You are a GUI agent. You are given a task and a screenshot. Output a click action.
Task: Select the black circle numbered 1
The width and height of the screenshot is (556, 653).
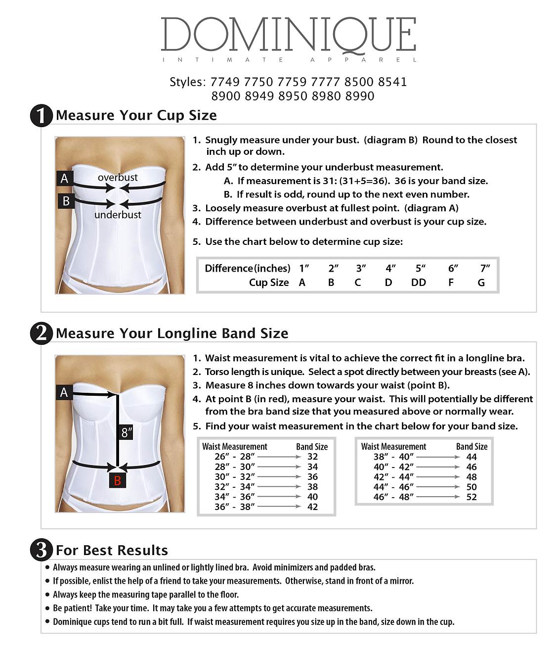click(x=42, y=115)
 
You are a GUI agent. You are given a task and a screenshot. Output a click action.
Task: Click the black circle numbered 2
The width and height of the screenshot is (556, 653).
click(x=42, y=333)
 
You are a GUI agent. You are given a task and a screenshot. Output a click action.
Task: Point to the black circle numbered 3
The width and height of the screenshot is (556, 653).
click(x=42, y=550)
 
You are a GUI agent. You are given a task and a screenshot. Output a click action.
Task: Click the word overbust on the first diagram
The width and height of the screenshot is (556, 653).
click(x=118, y=177)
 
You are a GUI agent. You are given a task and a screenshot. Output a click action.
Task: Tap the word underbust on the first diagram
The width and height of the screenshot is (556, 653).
click(x=118, y=215)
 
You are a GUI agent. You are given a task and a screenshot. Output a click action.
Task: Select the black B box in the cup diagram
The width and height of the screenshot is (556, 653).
click(x=66, y=201)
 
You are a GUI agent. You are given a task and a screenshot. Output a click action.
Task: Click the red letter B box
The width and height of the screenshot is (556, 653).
click(x=117, y=480)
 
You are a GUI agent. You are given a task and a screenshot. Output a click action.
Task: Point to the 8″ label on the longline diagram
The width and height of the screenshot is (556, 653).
click(x=127, y=432)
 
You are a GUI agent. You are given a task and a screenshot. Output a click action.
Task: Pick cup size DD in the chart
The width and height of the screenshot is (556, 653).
click(x=418, y=282)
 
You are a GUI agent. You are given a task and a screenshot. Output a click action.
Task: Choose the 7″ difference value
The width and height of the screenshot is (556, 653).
click(x=485, y=268)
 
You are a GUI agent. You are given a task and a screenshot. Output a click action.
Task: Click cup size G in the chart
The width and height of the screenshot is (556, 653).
click(x=481, y=282)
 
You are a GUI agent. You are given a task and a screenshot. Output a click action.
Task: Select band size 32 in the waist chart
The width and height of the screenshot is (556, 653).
click(x=312, y=457)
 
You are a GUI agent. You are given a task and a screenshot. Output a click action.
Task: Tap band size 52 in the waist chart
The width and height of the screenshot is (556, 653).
click(x=471, y=497)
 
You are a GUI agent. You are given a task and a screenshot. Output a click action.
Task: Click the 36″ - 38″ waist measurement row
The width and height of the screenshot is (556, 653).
click(x=235, y=507)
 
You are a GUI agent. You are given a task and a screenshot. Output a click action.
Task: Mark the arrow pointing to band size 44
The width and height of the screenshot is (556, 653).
click(x=438, y=457)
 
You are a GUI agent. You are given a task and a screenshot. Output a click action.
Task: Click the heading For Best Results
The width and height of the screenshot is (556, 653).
click(x=112, y=550)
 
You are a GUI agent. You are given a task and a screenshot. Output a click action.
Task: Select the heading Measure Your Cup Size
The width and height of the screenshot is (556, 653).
click(x=136, y=115)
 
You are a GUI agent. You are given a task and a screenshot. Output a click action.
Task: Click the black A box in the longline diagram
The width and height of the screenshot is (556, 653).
click(x=64, y=392)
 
